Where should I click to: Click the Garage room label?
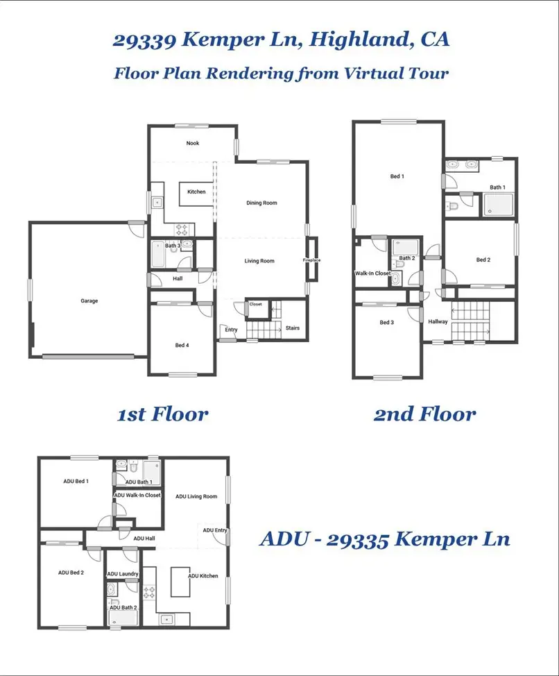coord(89,301)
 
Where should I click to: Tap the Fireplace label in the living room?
coord(311,260)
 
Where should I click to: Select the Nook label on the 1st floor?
coord(192,143)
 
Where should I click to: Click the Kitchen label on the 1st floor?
coord(196,192)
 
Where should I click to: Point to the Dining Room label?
coord(261,203)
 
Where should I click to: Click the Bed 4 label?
coord(182,345)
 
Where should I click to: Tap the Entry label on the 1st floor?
coord(231,330)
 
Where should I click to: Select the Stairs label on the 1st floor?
coord(292,328)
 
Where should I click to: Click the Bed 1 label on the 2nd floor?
coord(397,176)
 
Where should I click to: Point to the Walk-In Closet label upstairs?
coord(373,273)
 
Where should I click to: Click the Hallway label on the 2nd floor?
coord(438,321)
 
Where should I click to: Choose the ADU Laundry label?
coord(123,574)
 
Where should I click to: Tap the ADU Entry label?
coord(214,530)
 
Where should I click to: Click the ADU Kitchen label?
coord(203,576)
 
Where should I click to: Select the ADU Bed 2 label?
coord(71,573)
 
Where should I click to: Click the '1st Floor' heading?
coord(162,414)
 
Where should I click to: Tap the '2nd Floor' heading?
coord(424,414)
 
